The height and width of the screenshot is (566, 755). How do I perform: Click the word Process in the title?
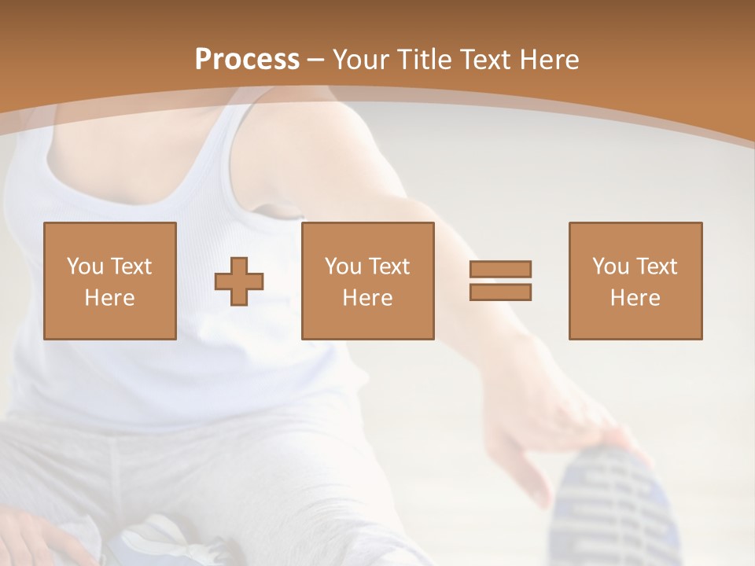tap(247, 60)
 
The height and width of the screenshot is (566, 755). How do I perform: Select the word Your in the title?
tap(359, 60)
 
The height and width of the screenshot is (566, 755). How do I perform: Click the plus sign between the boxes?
tap(239, 281)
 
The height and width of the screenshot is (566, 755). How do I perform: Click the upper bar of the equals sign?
tap(500, 269)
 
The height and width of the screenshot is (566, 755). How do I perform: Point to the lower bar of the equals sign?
tap(500, 292)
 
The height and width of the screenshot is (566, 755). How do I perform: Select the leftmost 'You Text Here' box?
tap(110, 281)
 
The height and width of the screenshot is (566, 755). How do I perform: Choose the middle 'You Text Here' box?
tap(367, 281)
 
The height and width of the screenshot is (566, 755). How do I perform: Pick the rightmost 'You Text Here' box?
tap(635, 281)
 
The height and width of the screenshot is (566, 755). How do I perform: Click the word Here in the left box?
tap(109, 298)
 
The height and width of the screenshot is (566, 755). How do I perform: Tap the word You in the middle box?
tap(342, 266)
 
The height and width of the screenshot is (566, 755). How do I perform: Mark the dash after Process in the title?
tap(316, 61)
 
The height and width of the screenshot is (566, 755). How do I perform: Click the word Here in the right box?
tap(635, 298)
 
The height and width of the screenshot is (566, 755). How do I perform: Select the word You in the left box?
tap(84, 266)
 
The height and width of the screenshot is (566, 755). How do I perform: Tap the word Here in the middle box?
tap(367, 298)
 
